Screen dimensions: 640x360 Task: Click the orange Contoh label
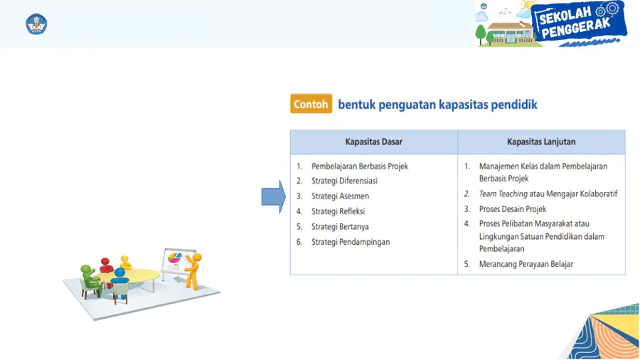(x=311, y=104)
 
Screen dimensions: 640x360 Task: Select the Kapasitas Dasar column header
(x=373, y=142)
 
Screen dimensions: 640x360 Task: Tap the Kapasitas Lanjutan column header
(x=541, y=142)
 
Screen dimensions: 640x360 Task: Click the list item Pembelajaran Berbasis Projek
(x=360, y=166)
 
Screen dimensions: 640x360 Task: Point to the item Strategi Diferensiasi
(x=344, y=181)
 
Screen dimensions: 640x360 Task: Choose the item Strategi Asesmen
(x=340, y=196)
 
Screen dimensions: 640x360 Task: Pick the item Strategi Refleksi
(x=338, y=211)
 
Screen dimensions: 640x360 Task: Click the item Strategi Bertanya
(x=340, y=226)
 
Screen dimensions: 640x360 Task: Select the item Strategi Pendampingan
(x=351, y=242)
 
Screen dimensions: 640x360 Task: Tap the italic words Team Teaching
(x=503, y=194)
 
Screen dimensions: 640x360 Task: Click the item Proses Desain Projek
(x=513, y=209)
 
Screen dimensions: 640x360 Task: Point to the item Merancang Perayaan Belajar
(x=526, y=264)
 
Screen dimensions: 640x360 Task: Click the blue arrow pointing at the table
(x=274, y=197)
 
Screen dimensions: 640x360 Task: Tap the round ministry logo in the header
(x=36, y=24)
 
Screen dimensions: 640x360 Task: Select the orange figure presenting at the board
(x=193, y=271)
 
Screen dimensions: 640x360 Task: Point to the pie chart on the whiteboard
(x=175, y=258)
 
